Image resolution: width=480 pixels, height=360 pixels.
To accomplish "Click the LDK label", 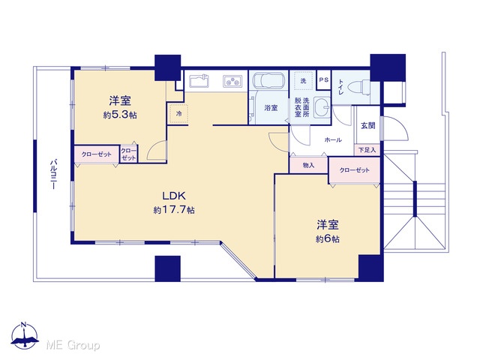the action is [x=174, y=195].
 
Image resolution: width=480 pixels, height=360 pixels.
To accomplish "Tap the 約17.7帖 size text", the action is [x=174, y=210].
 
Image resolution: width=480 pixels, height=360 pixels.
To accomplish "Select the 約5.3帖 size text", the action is [x=120, y=115].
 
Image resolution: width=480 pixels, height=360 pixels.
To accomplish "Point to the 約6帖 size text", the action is [x=327, y=238].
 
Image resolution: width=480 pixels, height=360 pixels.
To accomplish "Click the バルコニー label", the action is [x=53, y=174].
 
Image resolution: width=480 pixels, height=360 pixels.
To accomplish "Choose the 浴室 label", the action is [x=271, y=108].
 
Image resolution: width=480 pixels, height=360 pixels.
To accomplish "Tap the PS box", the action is [x=324, y=80].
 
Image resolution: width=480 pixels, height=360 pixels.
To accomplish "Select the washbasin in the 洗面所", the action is [x=322, y=106].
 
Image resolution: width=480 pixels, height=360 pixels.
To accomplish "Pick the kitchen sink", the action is [x=199, y=81].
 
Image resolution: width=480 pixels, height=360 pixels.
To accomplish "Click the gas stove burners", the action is [x=232, y=81].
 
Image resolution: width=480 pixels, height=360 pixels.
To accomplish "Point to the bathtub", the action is [x=268, y=81].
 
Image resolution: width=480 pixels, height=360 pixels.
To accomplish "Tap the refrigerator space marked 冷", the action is [x=178, y=114].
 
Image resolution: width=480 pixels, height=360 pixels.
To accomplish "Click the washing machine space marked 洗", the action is [x=303, y=80].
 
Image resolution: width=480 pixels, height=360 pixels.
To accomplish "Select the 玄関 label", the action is [x=367, y=125].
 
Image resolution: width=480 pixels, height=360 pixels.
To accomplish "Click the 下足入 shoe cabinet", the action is [x=367, y=150].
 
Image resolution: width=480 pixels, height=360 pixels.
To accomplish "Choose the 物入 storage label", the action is [x=308, y=165].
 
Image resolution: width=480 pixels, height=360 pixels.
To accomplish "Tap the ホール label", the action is [x=333, y=140].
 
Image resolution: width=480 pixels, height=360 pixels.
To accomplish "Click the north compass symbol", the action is [x=25, y=336].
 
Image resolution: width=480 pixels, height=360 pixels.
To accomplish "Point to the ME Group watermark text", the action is [x=73, y=345].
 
